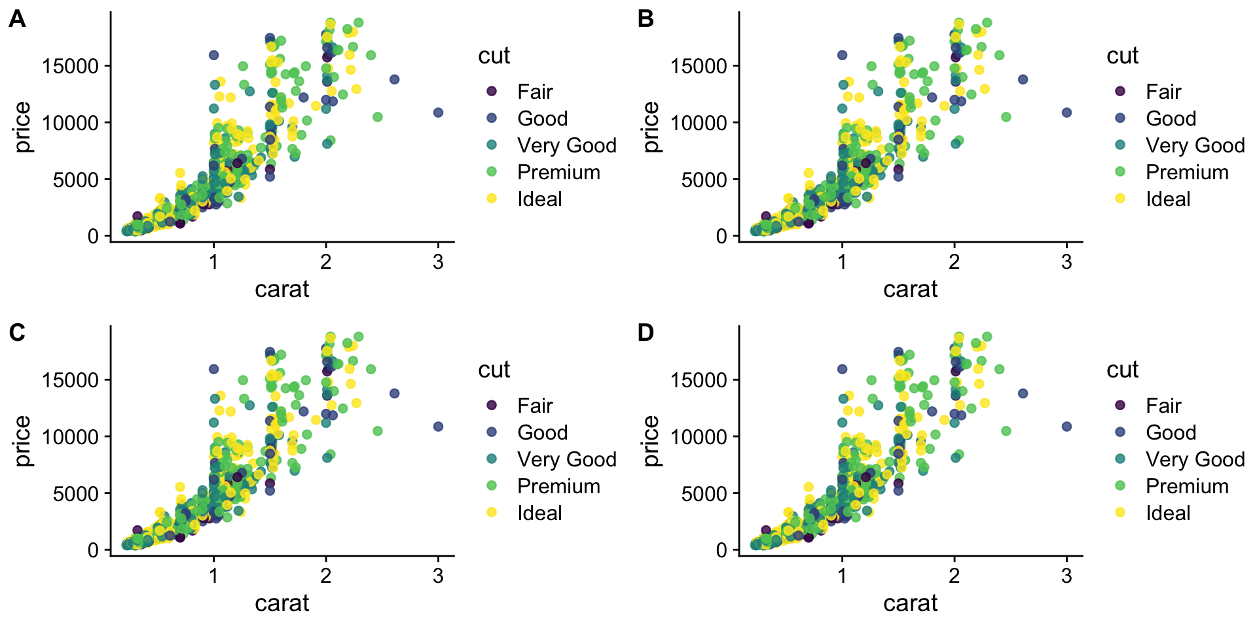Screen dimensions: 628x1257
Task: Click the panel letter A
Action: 17,20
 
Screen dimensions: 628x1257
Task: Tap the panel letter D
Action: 646,334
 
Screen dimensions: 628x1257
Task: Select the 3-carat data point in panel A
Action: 439,113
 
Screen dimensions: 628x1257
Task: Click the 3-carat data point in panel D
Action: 1066,427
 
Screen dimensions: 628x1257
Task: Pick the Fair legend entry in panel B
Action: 1163,92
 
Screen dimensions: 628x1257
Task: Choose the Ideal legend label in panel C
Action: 539,513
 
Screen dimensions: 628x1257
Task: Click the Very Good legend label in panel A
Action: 566,145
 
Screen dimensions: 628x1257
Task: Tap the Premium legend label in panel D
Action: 1186,486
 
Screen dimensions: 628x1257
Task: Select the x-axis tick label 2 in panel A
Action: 326,262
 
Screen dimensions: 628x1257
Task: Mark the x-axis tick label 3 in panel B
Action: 1066,262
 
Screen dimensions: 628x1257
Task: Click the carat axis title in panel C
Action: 282,602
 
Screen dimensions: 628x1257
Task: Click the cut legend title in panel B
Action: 1122,56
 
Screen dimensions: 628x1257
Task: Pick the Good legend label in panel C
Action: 542,432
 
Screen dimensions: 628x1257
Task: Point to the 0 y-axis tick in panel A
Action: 93,236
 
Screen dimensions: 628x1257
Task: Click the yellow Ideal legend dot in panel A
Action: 492,198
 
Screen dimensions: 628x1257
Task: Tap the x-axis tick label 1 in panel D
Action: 842,576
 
